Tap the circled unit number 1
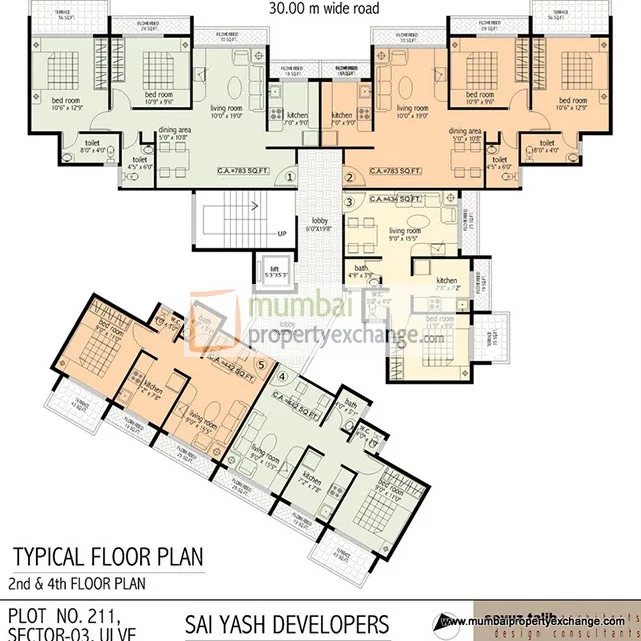click(x=290, y=177)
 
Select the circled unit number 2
click(x=349, y=177)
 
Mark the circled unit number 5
click(x=261, y=364)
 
